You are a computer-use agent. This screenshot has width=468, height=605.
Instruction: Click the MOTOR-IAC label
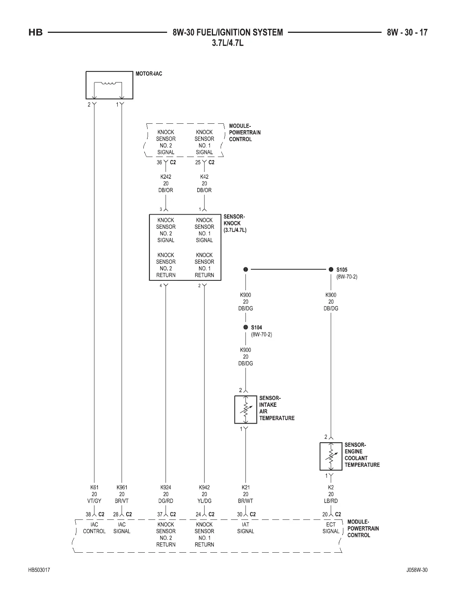149,74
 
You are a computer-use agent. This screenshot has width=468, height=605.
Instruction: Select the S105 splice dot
331,269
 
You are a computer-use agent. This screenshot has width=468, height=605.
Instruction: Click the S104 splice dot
245,327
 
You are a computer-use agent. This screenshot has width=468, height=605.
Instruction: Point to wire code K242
166,177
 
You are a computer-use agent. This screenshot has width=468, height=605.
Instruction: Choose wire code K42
204,177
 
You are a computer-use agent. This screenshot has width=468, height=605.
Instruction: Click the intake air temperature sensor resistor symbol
245,409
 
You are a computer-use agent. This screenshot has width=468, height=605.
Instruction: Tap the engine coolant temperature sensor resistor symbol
331,456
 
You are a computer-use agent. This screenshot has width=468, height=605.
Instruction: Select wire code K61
94,487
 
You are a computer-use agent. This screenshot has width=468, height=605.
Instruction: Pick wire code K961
122,487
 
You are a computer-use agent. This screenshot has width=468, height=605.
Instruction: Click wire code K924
166,487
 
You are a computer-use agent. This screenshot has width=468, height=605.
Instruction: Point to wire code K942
204,487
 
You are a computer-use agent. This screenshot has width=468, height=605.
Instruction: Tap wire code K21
245,487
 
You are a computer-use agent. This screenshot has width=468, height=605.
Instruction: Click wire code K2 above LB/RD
331,487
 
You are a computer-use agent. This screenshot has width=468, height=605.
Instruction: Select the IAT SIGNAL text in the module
245,528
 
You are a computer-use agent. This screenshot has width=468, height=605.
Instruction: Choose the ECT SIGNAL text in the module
331,528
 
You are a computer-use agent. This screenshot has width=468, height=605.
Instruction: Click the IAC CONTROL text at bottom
94,528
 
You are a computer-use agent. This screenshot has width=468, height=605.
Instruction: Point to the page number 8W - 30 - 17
407,32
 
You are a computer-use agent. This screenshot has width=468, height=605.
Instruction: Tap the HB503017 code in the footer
39,570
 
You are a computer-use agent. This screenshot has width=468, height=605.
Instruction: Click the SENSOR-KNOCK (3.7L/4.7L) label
235,223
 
